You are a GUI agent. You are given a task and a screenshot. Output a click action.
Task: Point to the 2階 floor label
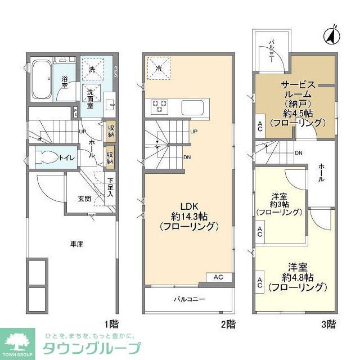pos(227,324)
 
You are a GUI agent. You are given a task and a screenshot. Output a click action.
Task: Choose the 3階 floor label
pos(328,324)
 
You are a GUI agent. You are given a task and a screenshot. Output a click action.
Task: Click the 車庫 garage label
pos(77,244)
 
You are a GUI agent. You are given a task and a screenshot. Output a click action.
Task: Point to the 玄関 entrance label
pos(84,199)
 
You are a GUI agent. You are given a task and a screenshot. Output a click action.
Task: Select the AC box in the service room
pos(260,126)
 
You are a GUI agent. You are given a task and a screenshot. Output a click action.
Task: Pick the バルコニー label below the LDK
pos(188,299)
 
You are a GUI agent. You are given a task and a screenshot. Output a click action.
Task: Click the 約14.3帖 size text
pos(188,214)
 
